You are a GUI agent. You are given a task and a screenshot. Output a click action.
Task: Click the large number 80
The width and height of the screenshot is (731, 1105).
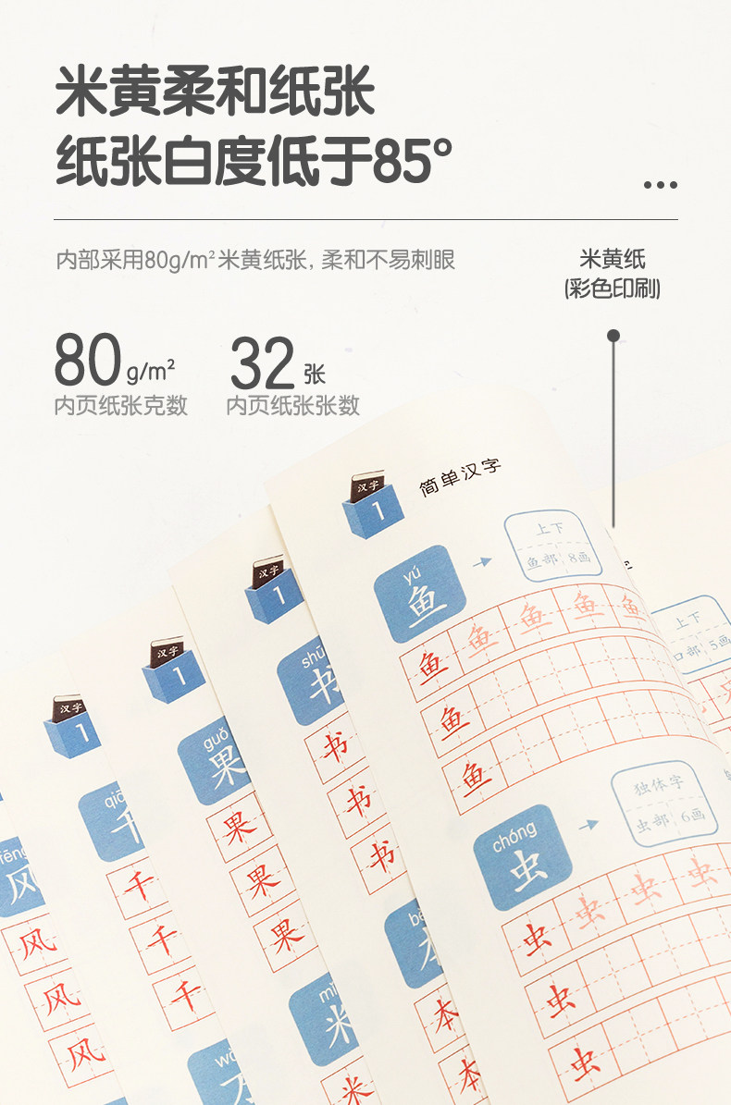point(87,362)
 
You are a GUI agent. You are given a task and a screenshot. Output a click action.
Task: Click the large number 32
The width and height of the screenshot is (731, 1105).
point(262,363)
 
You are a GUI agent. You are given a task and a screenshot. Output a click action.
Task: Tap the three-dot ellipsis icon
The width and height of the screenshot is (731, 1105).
point(660,185)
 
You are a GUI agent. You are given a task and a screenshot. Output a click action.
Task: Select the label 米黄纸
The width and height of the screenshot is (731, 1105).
point(612,260)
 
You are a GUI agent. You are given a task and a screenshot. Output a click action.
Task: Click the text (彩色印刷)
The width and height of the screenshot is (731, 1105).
point(612,289)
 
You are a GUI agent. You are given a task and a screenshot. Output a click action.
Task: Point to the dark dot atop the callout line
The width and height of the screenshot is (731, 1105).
point(613,336)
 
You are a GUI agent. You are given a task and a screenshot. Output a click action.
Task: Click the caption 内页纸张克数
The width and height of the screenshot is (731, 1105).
point(120,405)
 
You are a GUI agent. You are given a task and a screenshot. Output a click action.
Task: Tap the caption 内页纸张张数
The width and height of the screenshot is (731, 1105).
point(292,405)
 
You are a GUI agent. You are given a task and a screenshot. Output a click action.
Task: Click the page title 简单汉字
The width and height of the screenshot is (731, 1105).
point(460,477)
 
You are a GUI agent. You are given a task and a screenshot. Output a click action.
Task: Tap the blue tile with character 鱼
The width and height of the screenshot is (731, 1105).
point(414,595)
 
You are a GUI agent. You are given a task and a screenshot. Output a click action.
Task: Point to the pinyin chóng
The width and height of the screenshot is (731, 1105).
point(514,829)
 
